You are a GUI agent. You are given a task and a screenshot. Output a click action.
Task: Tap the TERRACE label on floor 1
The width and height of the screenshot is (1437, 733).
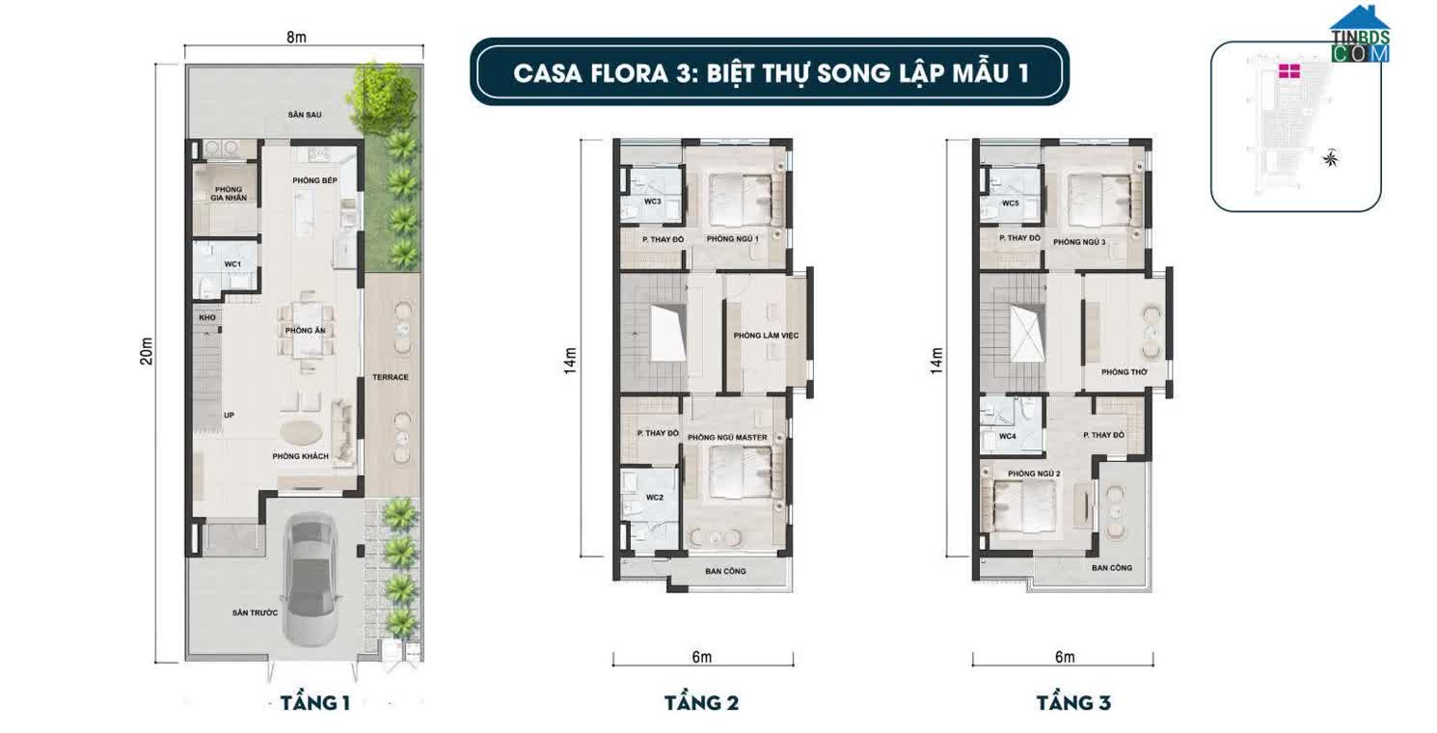tap(392, 377)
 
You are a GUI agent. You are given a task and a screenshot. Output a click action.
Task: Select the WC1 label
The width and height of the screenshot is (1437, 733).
tap(231, 263)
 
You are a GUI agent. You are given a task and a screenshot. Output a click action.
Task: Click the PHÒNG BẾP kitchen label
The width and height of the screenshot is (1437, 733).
tap(314, 181)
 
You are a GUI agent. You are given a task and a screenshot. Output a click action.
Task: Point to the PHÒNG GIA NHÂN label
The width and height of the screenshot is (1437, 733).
tap(230, 193)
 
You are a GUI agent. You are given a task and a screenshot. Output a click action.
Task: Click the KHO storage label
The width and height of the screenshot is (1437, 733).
tap(206, 317)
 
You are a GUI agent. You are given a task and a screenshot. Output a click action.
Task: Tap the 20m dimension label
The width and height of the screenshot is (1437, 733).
tap(147, 360)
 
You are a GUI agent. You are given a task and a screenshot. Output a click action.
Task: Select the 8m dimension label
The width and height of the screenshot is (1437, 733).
tap(296, 38)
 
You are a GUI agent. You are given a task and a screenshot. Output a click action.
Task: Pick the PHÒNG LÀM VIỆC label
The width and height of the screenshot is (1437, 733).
tap(767, 336)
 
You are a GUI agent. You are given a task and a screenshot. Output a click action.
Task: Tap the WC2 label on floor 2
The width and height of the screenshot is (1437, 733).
tap(654, 498)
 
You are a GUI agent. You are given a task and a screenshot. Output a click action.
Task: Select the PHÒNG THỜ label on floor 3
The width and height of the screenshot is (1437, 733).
tap(1123, 372)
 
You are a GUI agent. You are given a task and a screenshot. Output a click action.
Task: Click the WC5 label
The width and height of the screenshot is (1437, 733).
tap(1010, 204)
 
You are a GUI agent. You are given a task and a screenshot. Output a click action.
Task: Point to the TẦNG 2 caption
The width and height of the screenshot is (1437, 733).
tap(701, 702)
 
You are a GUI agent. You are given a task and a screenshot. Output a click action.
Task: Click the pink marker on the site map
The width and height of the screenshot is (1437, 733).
tap(1289, 71)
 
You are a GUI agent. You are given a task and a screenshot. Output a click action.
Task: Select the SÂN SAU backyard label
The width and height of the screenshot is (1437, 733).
tap(304, 115)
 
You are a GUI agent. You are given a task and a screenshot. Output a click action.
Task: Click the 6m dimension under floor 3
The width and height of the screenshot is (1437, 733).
tap(1065, 658)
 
